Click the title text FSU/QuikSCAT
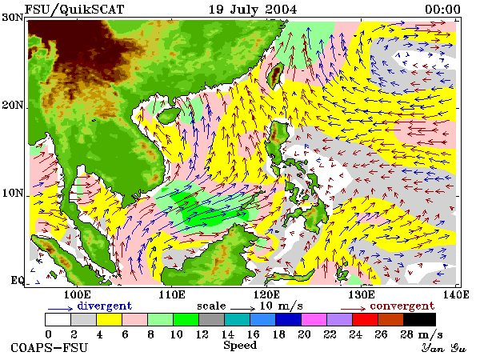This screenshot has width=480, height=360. coord(74,10)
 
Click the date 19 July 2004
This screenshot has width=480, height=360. coord(253,10)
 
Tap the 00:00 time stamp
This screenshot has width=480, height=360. coord(442,10)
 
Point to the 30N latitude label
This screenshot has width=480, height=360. coord(13,17)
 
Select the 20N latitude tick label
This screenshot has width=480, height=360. coord(13,106)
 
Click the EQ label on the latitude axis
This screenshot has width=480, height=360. coord(18,280)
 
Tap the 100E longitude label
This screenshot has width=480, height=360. coord(78,294)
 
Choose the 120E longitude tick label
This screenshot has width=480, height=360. coord(266,294)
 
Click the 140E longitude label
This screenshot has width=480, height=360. coord(455,294)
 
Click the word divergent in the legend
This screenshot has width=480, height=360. coord(104,306)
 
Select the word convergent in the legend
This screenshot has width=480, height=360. coord(402,306)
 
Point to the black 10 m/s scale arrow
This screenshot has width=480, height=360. coord(242,309)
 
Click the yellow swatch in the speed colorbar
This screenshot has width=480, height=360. coord(109,319)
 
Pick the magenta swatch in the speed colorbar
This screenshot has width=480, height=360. coord(314,319)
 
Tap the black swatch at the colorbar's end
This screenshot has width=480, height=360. coord(419,319)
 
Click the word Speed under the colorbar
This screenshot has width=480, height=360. coord(240,346)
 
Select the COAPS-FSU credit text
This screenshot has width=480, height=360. coord(50,348)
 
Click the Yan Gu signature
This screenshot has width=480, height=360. coord(443,348)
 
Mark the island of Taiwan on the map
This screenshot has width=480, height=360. coord(275,75)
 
